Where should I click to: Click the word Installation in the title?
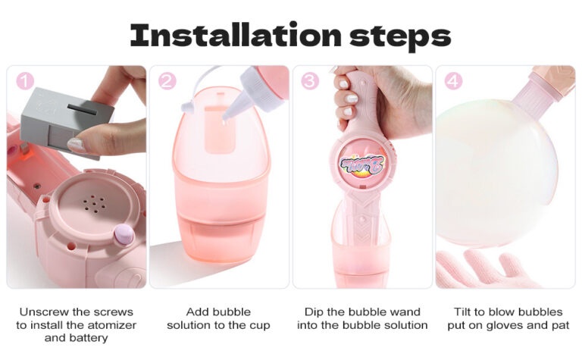[x=236, y=35]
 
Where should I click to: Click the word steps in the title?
[x=400, y=36]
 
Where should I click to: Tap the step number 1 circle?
[x=25, y=81]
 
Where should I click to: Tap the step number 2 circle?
[x=167, y=81]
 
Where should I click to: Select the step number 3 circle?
[x=310, y=81]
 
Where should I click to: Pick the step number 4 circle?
[x=453, y=81]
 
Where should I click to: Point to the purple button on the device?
[x=124, y=234]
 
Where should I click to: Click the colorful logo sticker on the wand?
[x=363, y=164]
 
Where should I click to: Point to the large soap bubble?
[x=496, y=173]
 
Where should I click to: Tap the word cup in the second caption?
[x=259, y=326]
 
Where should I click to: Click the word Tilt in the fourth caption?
[x=462, y=311]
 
